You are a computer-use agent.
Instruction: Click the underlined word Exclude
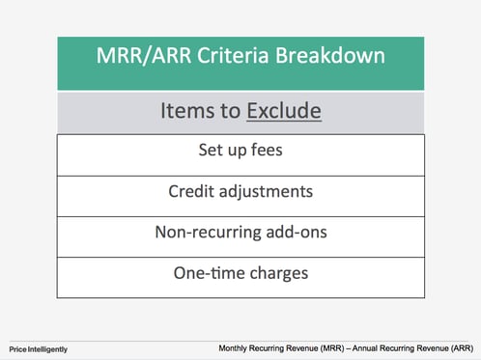click(x=283, y=112)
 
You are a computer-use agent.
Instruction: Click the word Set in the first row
click(x=209, y=152)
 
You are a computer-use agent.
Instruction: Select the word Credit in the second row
click(x=191, y=191)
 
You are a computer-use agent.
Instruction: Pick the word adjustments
click(x=267, y=192)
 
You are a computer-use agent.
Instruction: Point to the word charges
click(x=277, y=273)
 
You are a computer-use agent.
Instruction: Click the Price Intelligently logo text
click(x=39, y=348)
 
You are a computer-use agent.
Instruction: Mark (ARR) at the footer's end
click(x=459, y=347)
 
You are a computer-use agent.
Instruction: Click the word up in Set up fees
click(x=238, y=152)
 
